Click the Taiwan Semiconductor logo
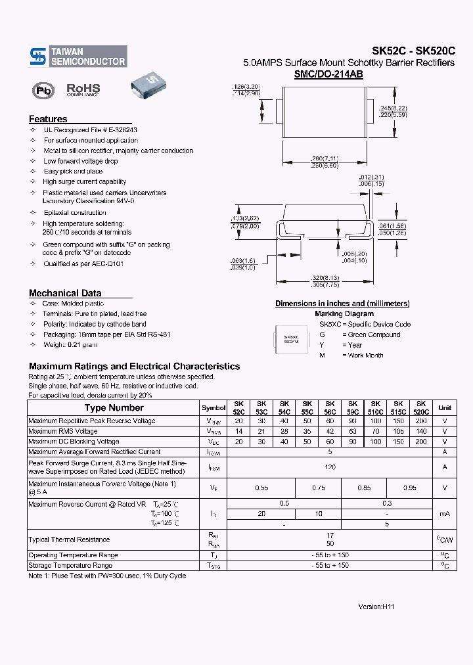click(x=78, y=57)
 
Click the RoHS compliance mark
click(x=83, y=89)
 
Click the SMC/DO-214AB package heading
click(x=328, y=75)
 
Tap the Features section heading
click(x=48, y=119)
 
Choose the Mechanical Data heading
click(x=65, y=293)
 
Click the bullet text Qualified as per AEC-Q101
click(x=83, y=264)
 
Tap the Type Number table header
click(x=114, y=408)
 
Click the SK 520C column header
click(x=421, y=408)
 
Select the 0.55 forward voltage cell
click(x=261, y=488)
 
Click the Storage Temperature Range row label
click(x=70, y=566)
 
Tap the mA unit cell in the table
click(x=445, y=513)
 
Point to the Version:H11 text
click(x=376, y=607)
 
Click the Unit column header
click(x=445, y=408)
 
